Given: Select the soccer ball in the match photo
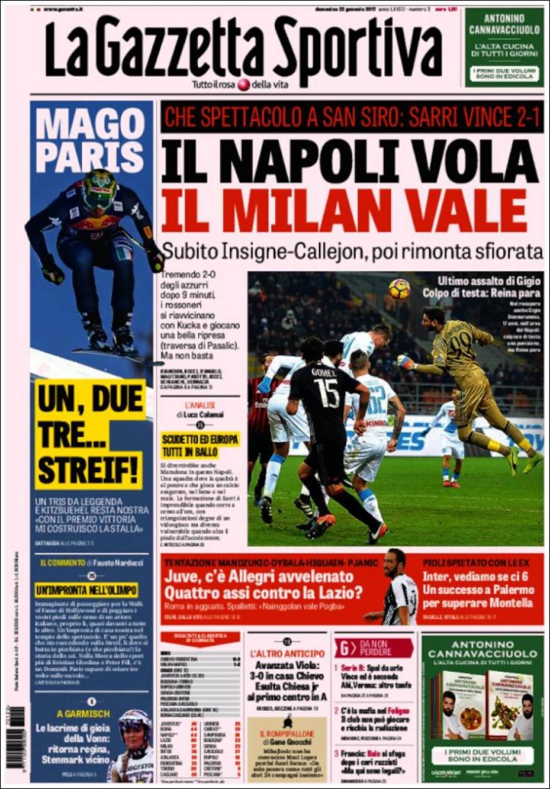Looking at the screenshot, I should pyautogui.click(x=399, y=289).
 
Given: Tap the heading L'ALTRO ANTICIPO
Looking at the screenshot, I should pyautogui.click(x=287, y=654).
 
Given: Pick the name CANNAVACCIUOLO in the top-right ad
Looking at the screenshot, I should pyautogui.click(x=504, y=30).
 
